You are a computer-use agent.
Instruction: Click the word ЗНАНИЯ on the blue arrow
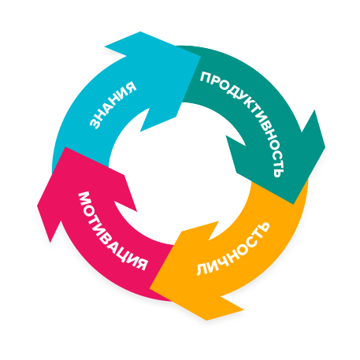[x=113, y=105]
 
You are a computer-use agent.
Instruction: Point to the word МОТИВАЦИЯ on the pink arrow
[x=110, y=231]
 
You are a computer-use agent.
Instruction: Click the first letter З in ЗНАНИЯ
[x=95, y=124]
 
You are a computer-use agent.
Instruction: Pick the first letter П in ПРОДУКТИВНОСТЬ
[x=206, y=77]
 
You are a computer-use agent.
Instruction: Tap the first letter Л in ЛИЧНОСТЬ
[x=202, y=269]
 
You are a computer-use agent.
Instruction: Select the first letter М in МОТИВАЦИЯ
[x=84, y=199]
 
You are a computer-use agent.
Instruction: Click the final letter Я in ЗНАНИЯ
[x=131, y=87]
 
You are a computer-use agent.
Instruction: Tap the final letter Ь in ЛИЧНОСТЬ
[x=264, y=228]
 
